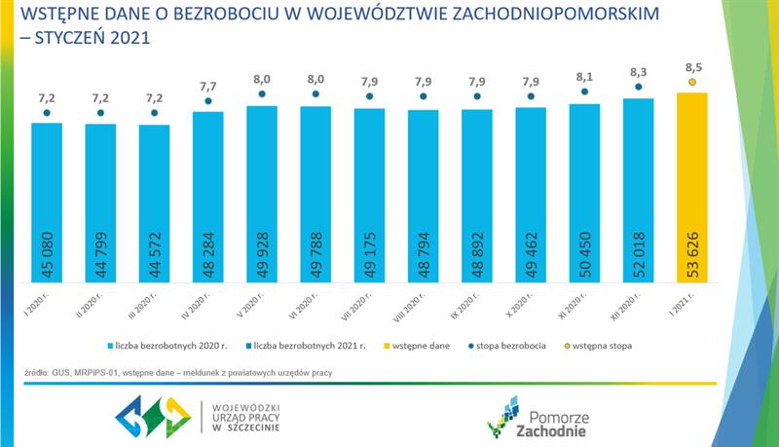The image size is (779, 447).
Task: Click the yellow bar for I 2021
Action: coord(691,185)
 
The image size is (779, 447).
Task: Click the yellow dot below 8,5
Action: coord(691,83)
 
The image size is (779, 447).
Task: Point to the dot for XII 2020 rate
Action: coord(638,87)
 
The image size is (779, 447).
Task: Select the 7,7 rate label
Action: coord(207,85)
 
